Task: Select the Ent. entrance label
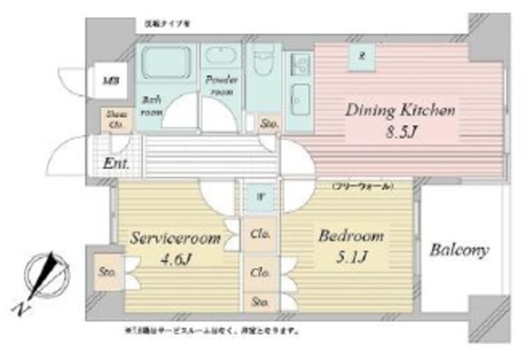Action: pos(115,163)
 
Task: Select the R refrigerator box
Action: pos(361,56)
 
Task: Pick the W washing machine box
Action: pos(259,198)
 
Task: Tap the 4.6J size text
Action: pos(175,262)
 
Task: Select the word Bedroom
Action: pos(351,236)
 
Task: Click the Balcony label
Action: pos(459,250)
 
